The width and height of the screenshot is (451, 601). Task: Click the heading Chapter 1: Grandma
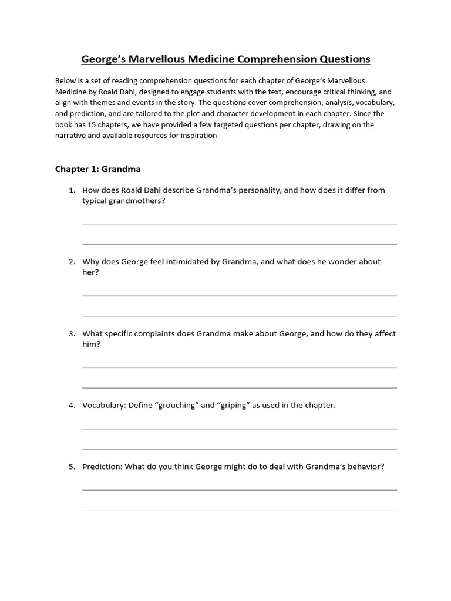[98, 169]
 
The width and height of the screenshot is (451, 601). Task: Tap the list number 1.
[72, 190]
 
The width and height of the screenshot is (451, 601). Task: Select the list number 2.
[72, 262]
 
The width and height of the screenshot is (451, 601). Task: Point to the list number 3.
[72, 333]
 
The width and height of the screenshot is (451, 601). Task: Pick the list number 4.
[72, 405]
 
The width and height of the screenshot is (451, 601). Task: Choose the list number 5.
[72, 467]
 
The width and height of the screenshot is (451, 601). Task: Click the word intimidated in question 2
[186, 262]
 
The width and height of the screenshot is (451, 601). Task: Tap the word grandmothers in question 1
[129, 201]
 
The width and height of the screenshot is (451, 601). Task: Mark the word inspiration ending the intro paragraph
[197, 136]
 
